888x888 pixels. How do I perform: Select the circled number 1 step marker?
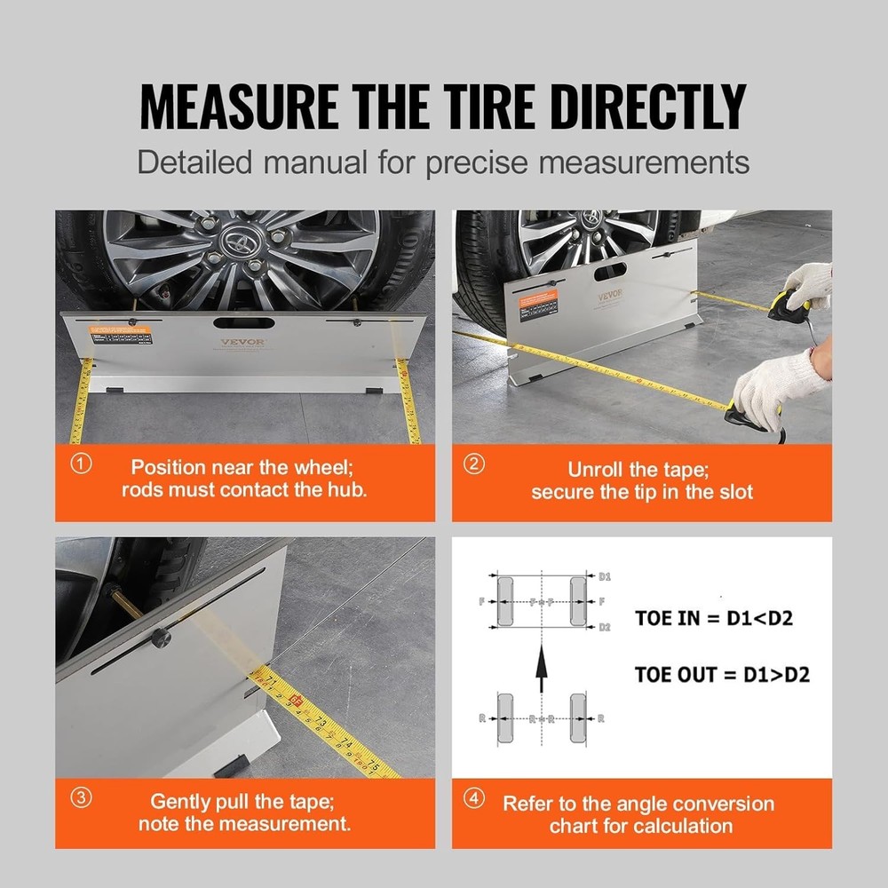tap(81, 465)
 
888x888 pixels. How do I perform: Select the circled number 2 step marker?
tap(476, 465)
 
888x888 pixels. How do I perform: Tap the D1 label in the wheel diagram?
tap(604, 576)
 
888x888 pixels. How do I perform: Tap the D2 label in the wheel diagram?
tap(604, 627)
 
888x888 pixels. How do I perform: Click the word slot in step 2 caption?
tap(732, 492)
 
